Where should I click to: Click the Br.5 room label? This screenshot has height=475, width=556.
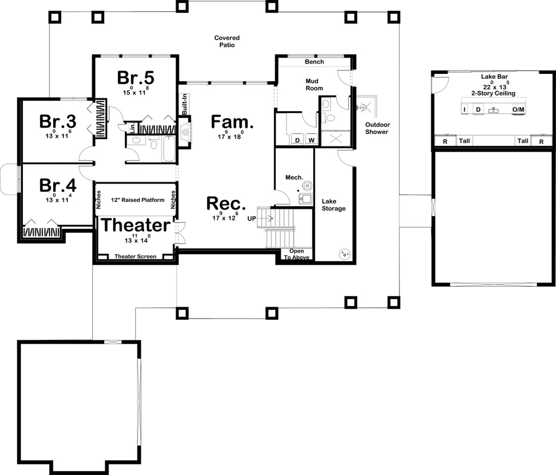[x=136, y=78]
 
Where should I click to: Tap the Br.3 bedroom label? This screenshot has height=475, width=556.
[x=58, y=121]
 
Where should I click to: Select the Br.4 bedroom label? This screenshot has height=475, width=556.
[x=58, y=185]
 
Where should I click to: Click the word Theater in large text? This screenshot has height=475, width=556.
[x=136, y=225]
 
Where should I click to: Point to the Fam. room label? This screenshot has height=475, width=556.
[x=232, y=122]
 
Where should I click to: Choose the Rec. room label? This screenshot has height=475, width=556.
[x=226, y=204]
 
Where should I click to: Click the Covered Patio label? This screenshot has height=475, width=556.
[x=227, y=41]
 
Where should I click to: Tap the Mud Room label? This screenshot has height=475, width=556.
[x=314, y=85]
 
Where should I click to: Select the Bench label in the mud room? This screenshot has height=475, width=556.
[x=314, y=62]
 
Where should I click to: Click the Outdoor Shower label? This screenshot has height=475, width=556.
[x=377, y=128]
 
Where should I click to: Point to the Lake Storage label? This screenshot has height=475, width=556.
[x=333, y=205]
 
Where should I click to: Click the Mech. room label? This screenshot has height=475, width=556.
[x=294, y=177]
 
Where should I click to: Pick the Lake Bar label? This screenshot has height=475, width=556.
[x=494, y=77]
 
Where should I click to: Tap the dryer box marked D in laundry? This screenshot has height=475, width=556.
[x=298, y=140]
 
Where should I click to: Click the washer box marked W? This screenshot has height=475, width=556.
[x=311, y=140]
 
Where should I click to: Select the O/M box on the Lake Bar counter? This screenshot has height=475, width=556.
[x=518, y=110]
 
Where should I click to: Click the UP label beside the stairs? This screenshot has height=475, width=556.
[x=251, y=219]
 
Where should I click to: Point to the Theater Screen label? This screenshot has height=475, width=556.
[x=135, y=257]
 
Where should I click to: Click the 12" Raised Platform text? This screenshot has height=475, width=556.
[x=137, y=200]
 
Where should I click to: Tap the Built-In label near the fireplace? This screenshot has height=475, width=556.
[x=185, y=104]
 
